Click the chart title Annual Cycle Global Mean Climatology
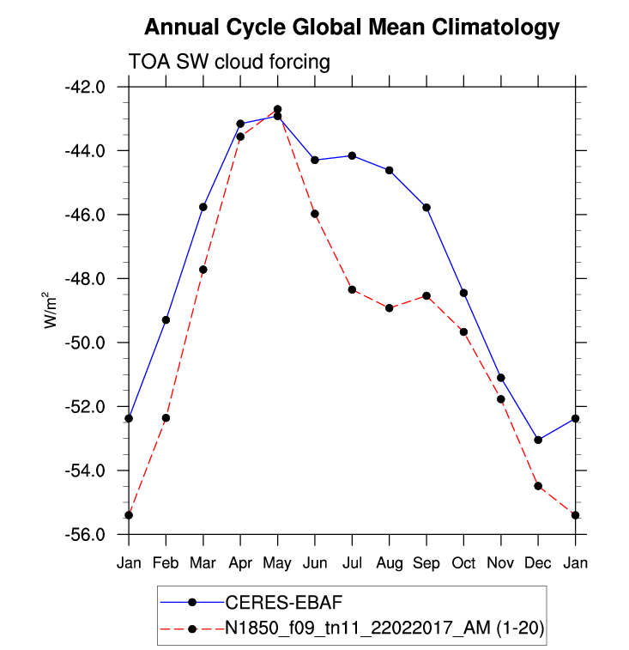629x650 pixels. (x=352, y=27)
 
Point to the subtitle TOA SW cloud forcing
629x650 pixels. (x=229, y=62)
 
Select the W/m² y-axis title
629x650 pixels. (x=51, y=310)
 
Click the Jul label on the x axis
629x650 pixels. (x=352, y=562)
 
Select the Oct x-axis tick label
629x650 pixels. (x=463, y=562)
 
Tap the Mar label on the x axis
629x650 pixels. (x=203, y=562)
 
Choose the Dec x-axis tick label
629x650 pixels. (x=538, y=562)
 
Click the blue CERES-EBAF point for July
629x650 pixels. (x=352, y=155)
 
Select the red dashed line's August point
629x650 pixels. (x=390, y=307)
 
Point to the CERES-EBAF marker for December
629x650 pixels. (x=538, y=440)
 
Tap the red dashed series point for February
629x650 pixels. (x=166, y=418)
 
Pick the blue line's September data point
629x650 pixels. (x=426, y=208)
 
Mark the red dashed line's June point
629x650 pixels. (x=315, y=214)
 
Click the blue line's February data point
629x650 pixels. (x=166, y=320)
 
